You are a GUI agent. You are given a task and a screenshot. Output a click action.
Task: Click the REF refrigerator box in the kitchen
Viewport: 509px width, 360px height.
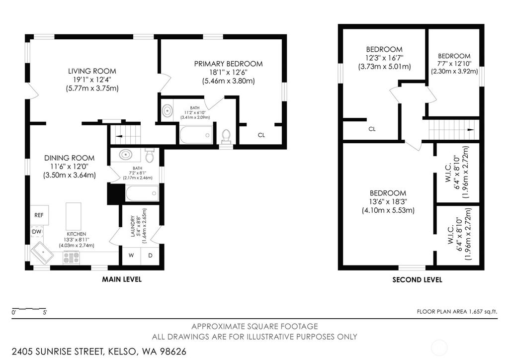click(39, 215)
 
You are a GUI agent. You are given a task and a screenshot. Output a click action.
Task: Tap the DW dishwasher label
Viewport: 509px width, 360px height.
click(37, 232)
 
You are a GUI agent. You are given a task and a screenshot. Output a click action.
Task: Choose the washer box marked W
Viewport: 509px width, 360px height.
click(131, 256)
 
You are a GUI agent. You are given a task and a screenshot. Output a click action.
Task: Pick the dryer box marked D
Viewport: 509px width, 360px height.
click(150, 256)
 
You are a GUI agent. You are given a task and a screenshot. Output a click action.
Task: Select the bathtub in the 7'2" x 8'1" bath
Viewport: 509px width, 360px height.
click(142, 193)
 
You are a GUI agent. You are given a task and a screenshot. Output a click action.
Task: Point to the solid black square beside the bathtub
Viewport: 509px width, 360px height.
click(115, 193)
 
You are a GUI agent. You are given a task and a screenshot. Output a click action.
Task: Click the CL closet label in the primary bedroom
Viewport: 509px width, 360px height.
click(261, 135)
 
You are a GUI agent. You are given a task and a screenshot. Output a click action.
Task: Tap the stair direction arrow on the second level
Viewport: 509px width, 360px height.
click(470, 130)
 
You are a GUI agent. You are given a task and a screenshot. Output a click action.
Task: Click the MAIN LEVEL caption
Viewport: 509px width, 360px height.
click(122, 279)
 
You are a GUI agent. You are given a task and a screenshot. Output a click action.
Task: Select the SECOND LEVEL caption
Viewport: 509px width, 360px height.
click(417, 280)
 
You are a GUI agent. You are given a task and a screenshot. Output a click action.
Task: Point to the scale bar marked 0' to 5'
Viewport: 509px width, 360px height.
click(29, 309)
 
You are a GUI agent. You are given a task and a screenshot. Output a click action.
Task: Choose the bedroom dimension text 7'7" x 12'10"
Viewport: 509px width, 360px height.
click(454, 64)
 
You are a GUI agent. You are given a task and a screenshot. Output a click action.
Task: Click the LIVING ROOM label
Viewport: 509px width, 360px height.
click(92, 71)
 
